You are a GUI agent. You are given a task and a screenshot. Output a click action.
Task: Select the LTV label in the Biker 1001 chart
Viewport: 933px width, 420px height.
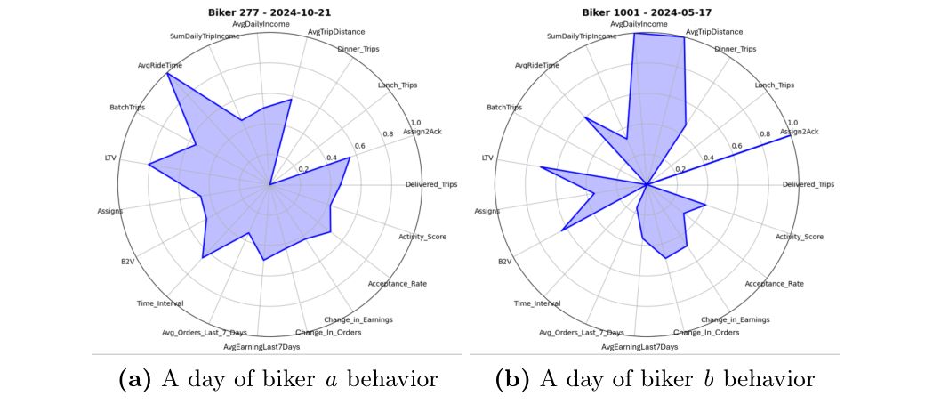coord(487,157)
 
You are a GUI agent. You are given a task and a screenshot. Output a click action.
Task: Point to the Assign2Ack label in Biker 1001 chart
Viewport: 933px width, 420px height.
coord(799,132)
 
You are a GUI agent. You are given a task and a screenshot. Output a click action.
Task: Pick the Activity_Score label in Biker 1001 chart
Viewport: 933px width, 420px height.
coord(799,237)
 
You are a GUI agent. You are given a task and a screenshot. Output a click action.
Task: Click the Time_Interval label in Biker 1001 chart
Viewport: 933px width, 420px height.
coord(537,303)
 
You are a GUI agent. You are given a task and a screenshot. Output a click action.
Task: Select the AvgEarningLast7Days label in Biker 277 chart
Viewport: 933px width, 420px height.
coord(261,346)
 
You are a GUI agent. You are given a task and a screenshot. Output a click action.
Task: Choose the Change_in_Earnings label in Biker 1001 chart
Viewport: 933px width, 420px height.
coord(735,319)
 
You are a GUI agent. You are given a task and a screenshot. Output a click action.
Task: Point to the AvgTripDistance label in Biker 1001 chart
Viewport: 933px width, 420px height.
coord(713,32)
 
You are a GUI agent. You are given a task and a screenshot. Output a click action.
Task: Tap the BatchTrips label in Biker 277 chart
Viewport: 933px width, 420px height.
coord(127,108)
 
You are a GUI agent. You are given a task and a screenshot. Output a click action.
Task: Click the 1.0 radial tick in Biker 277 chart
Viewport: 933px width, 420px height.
coord(415,123)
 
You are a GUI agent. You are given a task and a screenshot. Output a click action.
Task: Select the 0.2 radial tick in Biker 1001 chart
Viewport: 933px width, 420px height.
coord(680,169)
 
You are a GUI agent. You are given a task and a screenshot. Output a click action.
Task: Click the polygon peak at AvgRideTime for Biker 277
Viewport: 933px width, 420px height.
coord(167,74)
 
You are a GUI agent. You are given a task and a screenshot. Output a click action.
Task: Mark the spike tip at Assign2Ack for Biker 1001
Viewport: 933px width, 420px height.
coord(791,135)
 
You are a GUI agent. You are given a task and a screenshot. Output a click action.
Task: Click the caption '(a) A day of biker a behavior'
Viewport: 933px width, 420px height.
coord(277,380)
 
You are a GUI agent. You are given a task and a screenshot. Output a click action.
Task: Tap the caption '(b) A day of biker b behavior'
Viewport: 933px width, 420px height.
coord(655,380)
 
